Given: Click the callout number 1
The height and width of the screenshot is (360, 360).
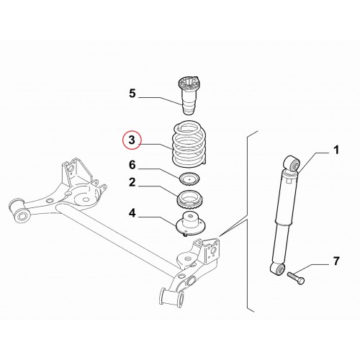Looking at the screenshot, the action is pyautogui.click(x=336, y=150).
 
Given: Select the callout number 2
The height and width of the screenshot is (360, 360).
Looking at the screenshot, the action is pyautogui.click(x=132, y=182).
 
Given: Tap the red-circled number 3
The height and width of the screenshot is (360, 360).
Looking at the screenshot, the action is pyautogui.click(x=132, y=140).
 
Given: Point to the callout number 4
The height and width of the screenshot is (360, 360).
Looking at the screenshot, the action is pyautogui.click(x=132, y=213).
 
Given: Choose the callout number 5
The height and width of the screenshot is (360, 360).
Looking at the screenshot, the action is pyautogui.click(x=132, y=94).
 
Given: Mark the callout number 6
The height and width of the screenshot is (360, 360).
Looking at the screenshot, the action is pyautogui.click(x=132, y=165).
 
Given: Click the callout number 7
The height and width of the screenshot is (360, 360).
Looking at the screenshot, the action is pyautogui.click(x=336, y=261).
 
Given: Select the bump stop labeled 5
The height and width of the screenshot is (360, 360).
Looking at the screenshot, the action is pyautogui.click(x=189, y=96).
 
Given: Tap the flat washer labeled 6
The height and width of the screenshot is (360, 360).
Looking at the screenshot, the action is pyautogui.click(x=189, y=179).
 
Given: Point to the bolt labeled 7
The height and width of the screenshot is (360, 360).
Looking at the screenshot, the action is pyautogui.click(x=296, y=278).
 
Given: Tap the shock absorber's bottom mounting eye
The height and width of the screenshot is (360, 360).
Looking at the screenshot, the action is pyautogui.click(x=278, y=269).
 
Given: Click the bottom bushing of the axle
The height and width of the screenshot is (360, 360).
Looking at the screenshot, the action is pyautogui.click(x=171, y=297).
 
